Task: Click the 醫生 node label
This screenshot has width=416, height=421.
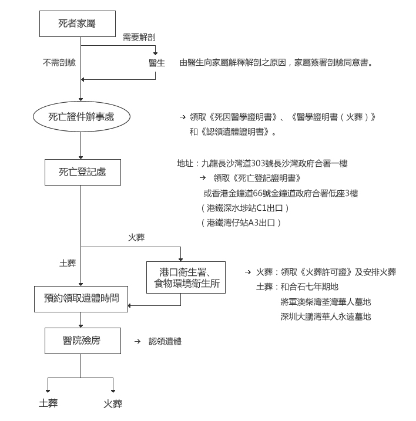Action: (157, 63)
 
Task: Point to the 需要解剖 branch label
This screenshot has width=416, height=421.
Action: (139, 37)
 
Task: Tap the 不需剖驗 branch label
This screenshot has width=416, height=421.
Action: (59, 63)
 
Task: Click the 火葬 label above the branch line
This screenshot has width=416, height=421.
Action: (136, 237)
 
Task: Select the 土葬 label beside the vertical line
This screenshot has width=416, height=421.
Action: (68, 263)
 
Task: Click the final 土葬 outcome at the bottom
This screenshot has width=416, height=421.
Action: (48, 403)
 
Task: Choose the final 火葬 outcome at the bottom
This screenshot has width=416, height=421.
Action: (113, 403)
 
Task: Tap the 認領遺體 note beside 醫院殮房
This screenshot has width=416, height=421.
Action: (165, 341)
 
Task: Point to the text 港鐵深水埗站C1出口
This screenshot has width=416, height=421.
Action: (245, 208)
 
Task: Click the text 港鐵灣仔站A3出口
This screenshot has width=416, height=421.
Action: (241, 223)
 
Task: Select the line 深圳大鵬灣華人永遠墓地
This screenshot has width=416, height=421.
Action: (326, 316)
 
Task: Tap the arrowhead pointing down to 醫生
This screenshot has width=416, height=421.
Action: (155, 53)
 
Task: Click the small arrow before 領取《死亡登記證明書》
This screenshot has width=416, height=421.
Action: (203, 177)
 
